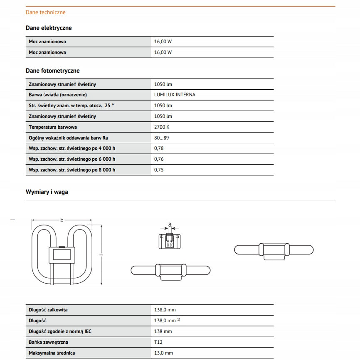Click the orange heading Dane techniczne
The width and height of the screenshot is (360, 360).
coord(46,12)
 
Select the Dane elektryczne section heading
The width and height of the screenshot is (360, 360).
coord(49,28)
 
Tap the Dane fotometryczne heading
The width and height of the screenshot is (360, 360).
coord(52,71)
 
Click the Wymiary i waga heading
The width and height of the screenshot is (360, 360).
coord(47,192)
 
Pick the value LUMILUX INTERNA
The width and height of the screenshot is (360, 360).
coord(175,95)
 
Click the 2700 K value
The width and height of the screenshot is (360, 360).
coord(162,127)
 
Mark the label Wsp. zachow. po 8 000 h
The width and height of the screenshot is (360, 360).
coord(72,170)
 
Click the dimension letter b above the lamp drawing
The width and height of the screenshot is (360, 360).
coord(62,220)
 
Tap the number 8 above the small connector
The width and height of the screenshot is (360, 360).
coord(170,225)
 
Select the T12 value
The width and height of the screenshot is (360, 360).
coord(158,342)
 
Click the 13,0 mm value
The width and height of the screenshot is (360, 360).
coord(163,353)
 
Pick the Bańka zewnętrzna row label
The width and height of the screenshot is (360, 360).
coord(49,342)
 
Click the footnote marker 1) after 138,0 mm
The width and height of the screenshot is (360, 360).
coord(179,319)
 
